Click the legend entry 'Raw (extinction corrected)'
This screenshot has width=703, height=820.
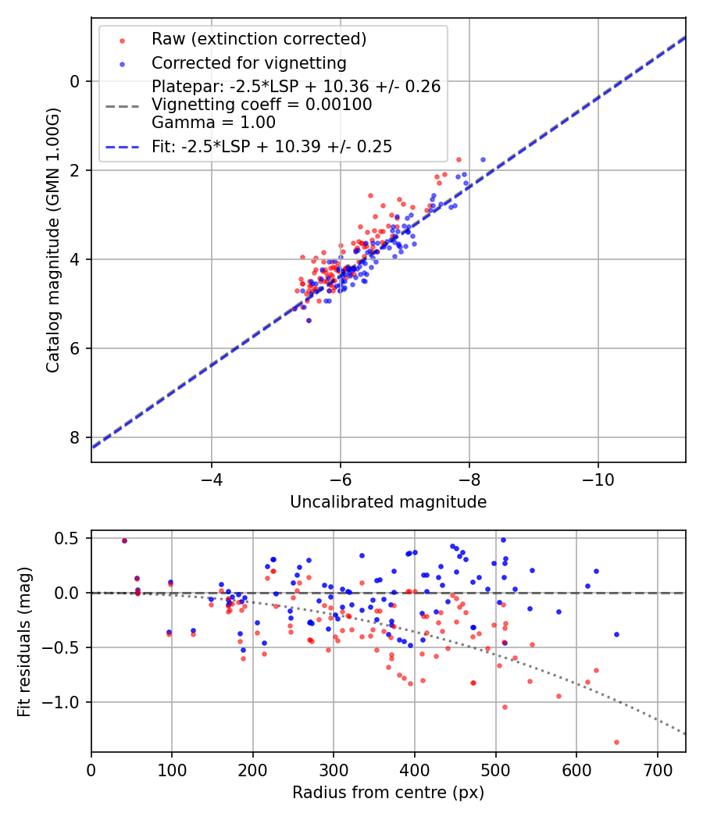[259, 39]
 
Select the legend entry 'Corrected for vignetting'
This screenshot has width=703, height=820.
[249, 62]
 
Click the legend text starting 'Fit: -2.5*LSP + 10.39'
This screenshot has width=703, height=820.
[272, 146]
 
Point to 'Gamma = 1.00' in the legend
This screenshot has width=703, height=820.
[213, 122]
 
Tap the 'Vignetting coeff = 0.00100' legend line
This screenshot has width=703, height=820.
[262, 105]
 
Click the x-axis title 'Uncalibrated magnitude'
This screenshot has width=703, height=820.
[388, 502]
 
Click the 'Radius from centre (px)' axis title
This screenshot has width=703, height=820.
[388, 793]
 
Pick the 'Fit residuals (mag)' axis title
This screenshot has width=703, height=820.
[24, 641]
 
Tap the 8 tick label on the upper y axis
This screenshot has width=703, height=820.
[75, 437]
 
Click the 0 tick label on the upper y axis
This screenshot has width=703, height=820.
[75, 81]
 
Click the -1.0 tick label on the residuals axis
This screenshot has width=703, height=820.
[63, 702]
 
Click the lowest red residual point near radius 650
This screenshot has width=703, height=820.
[616, 742]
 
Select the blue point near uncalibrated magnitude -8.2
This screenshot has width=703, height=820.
[483, 159]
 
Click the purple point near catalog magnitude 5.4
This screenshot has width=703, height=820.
[309, 320]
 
